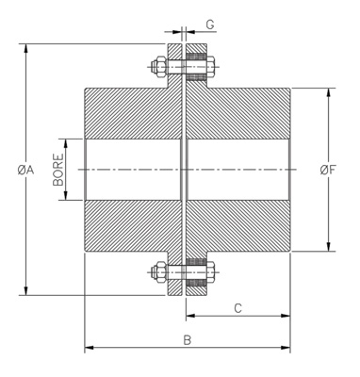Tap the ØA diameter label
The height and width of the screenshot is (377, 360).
point(25,170)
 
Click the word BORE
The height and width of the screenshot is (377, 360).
point(58,170)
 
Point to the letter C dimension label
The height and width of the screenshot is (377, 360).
point(238,307)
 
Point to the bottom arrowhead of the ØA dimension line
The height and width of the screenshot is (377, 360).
point(25,292)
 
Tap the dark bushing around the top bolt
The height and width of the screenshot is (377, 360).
point(196,66)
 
